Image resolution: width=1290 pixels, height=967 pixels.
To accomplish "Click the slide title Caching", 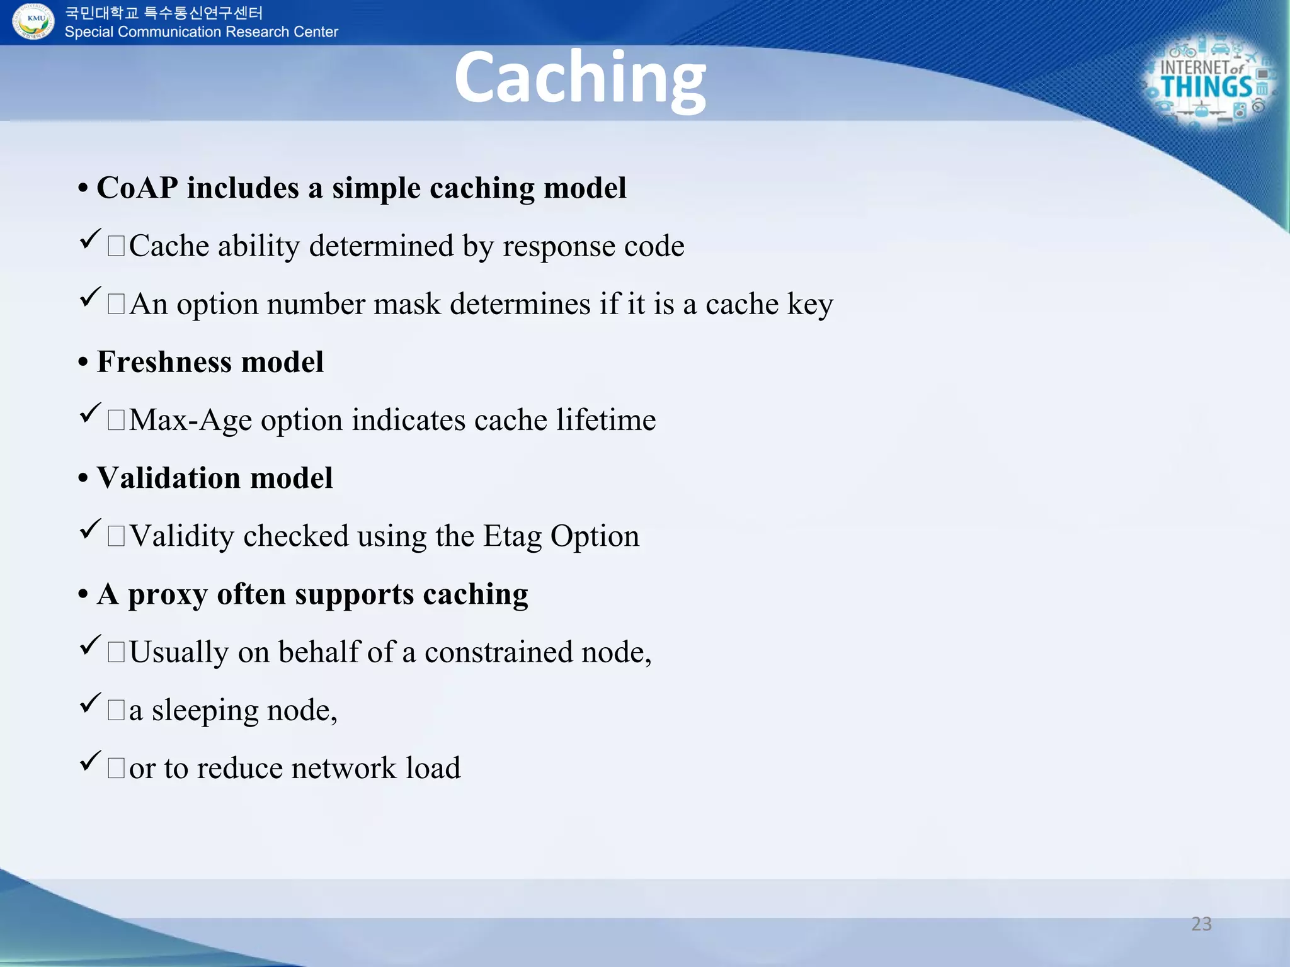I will point(579,79).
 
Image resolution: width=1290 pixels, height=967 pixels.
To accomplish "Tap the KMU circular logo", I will point(34,21).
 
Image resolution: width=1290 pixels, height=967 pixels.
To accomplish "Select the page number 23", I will point(1201,924).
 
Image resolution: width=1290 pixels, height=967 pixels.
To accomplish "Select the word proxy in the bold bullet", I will point(168,595).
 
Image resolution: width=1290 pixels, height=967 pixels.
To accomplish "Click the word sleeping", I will point(205,711).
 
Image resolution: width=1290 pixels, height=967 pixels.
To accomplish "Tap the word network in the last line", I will point(344,768).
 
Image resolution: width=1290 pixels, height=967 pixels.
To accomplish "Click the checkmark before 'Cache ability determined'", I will point(90,239).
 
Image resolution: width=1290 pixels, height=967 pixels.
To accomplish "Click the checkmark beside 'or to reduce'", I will point(90,761).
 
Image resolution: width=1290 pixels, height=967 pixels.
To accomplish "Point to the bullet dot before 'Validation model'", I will point(83,478).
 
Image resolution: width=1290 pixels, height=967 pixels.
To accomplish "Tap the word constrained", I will point(498,652).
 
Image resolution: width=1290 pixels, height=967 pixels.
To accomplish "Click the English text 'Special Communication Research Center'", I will point(201,32).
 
